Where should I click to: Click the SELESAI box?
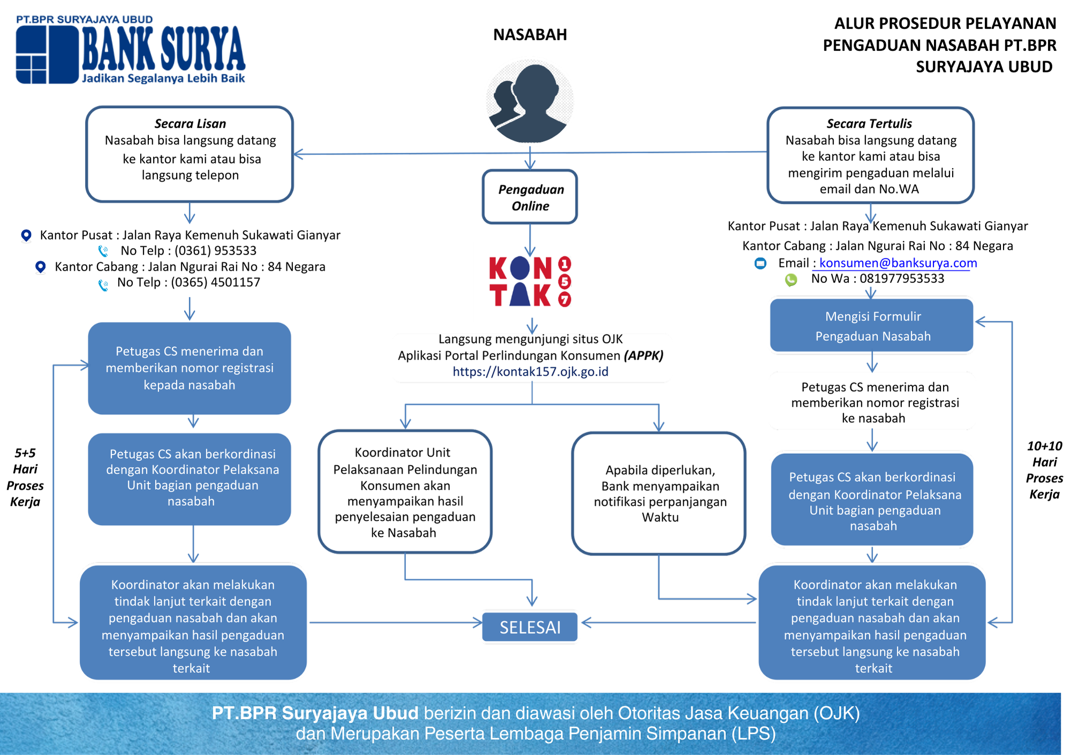[x=530, y=627]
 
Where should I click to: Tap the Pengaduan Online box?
[x=530, y=197]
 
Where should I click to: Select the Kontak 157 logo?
[x=530, y=281]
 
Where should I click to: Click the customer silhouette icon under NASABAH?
[x=530, y=102]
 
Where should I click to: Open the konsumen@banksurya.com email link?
[x=898, y=263]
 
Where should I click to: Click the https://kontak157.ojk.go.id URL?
[x=530, y=372]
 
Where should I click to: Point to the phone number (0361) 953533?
[x=215, y=251]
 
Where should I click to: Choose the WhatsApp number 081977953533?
[x=902, y=279]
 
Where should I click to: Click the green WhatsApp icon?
[x=791, y=280]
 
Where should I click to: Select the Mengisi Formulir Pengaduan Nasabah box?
[x=872, y=326]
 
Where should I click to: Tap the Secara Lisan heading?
[x=190, y=124]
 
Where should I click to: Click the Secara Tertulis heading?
[x=869, y=124]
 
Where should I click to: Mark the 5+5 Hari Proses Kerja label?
[x=25, y=477]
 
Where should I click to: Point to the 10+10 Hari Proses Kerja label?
[x=1044, y=470]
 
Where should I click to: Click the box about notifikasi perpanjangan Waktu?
[x=659, y=494]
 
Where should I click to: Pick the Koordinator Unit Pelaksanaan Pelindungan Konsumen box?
[x=405, y=492]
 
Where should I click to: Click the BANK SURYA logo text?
[x=163, y=49]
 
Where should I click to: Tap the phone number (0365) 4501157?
[x=215, y=282]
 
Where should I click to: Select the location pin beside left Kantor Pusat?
[x=26, y=235]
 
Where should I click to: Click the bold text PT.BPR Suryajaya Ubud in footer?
[x=315, y=713]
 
